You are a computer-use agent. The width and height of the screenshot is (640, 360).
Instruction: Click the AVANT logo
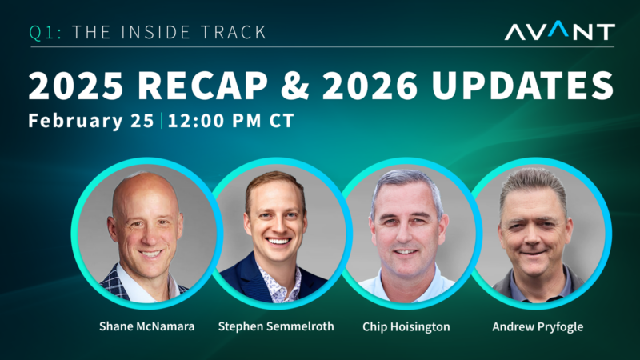(x=559, y=31)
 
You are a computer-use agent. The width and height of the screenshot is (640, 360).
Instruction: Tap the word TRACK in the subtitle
(x=232, y=33)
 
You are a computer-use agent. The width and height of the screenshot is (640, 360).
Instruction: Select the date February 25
(x=91, y=122)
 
